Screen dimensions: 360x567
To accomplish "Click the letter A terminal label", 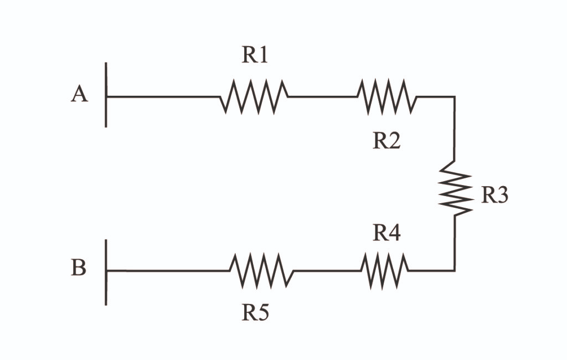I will click(79, 95).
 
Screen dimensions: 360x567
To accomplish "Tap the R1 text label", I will click(255, 55).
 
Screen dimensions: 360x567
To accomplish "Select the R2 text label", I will click(386, 141).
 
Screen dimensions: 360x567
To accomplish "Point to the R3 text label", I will click(494, 195).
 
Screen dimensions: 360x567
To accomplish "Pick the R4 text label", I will click(386, 233).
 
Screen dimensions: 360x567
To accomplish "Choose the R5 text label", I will click(255, 313).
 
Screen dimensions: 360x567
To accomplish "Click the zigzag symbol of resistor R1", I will click(254, 97).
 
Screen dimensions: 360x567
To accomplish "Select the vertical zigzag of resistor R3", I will click(455, 189).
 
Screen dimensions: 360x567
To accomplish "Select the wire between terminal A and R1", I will click(163, 97).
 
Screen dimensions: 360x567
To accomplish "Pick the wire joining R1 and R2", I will click(322, 97).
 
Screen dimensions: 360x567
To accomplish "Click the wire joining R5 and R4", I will click(327, 270).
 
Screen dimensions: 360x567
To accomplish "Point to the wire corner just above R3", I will click(455, 97).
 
